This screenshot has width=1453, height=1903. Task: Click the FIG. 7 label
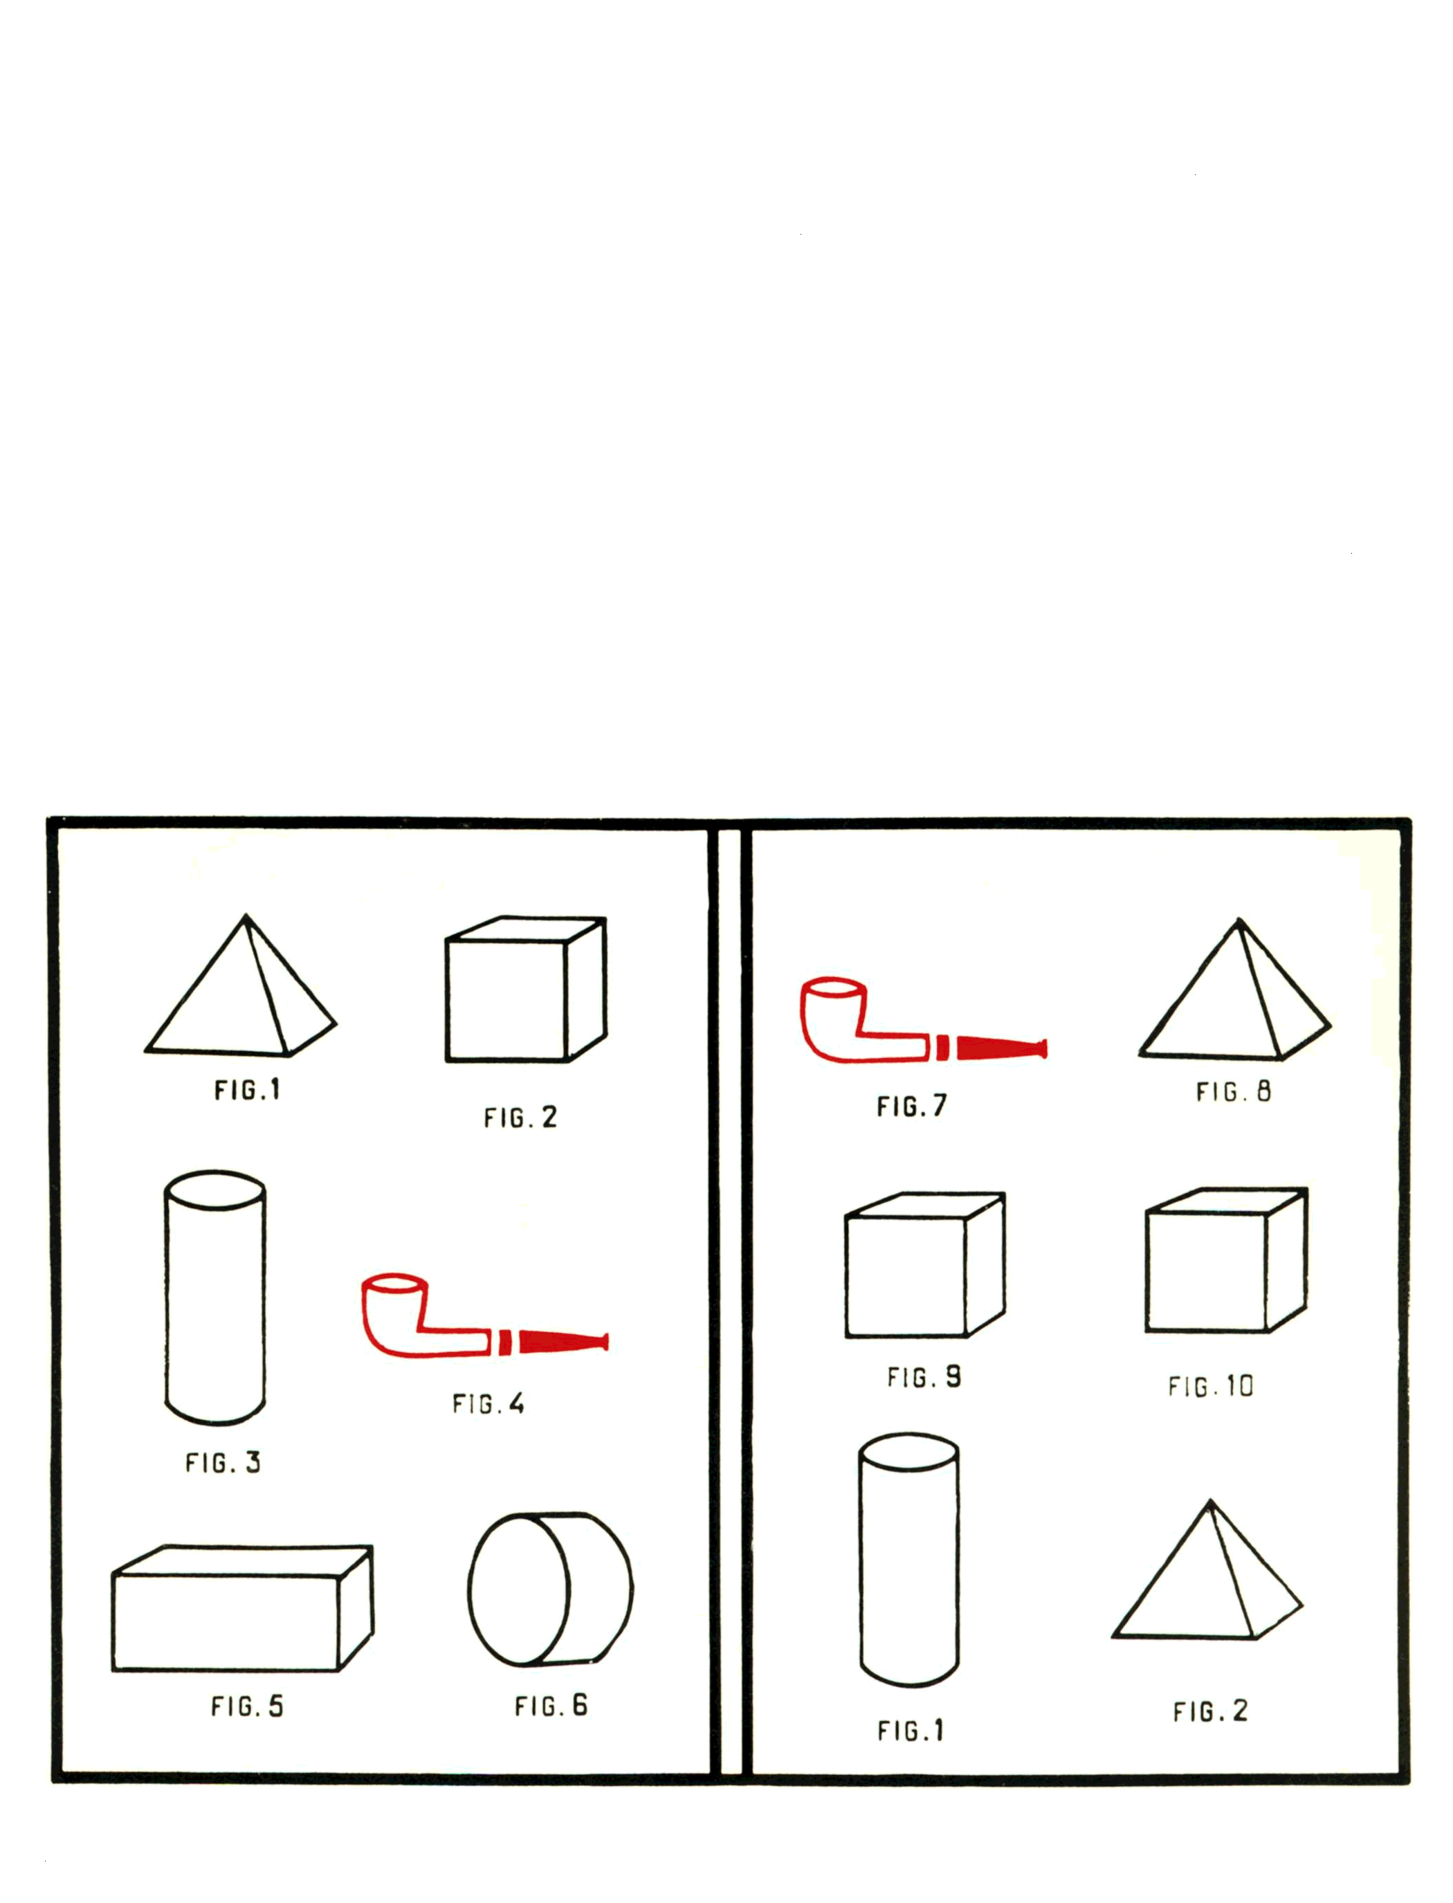(912, 1107)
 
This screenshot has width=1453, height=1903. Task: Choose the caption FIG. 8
(1233, 1092)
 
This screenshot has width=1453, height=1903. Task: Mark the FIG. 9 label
(924, 1376)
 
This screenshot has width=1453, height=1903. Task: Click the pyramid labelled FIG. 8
(1235, 990)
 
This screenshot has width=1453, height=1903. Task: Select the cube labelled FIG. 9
(924, 1265)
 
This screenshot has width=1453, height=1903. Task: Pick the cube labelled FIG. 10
(1226, 1260)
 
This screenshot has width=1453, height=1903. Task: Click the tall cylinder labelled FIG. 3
(215, 1297)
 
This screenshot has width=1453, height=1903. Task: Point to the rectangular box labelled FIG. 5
(243, 1608)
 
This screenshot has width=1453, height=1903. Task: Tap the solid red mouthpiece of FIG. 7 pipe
(1002, 1048)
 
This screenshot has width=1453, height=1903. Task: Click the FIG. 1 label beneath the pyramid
(248, 1090)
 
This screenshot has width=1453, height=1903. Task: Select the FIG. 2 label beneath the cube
(520, 1118)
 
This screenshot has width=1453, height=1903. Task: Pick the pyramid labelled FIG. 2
(1207, 1571)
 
